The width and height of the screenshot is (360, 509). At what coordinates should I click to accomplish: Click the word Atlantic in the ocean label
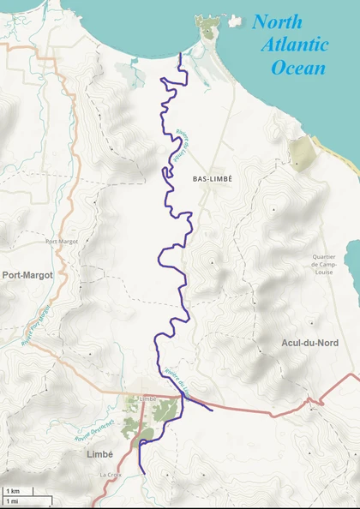(x=295, y=45)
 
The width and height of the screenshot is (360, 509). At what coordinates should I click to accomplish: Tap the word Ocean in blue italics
(x=297, y=68)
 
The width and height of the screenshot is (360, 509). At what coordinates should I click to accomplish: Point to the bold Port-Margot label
(x=27, y=275)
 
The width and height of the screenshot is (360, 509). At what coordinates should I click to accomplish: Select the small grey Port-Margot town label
(x=62, y=242)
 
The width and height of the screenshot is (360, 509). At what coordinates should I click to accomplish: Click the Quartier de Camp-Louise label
(x=323, y=264)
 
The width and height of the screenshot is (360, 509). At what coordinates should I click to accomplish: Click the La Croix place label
(x=109, y=474)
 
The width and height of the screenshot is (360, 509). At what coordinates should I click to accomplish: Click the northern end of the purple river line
(x=179, y=55)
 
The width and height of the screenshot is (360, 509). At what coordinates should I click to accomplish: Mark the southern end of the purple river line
(x=141, y=473)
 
